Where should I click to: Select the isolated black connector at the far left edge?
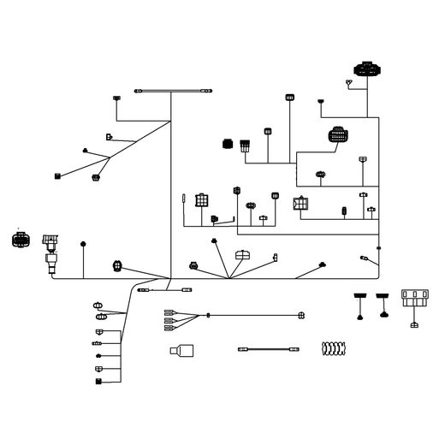click(x=19, y=239)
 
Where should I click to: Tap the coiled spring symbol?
click(x=332, y=348)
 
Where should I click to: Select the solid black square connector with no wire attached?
click(x=228, y=144)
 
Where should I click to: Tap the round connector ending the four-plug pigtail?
click(x=300, y=316)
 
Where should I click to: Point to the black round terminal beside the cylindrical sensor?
click(x=82, y=245)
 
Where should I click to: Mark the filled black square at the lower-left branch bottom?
click(x=99, y=380)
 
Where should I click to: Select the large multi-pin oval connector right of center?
click(x=338, y=135)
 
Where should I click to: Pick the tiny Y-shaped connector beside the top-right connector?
click(x=349, y=81)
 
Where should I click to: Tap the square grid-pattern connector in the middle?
click(x=201, y=200)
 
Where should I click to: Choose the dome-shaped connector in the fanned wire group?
click(x=243, y=254)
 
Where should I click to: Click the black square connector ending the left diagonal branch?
click(x=56, y=176)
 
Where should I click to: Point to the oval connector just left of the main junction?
click(x=117, y=265)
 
